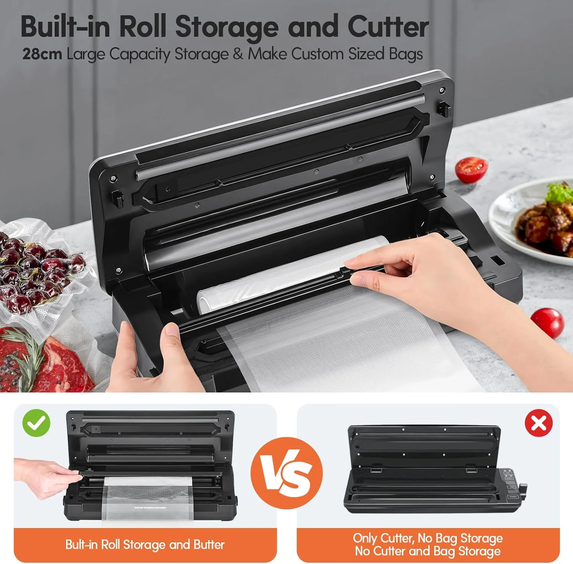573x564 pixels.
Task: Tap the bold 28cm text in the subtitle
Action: click(x=42, y=54)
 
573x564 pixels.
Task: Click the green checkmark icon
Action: click(x=36, y=423)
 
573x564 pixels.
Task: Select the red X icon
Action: click(x=539, y=423)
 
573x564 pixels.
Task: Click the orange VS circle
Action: click(x=286, y=473)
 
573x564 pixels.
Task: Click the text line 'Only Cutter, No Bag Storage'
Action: click(x=428, y=538)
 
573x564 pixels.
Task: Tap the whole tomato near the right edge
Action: click(x=547, y=323)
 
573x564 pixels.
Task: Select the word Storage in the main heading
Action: click(x=228, y=28)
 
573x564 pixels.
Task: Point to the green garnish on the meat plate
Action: click(x=560, y=193)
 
